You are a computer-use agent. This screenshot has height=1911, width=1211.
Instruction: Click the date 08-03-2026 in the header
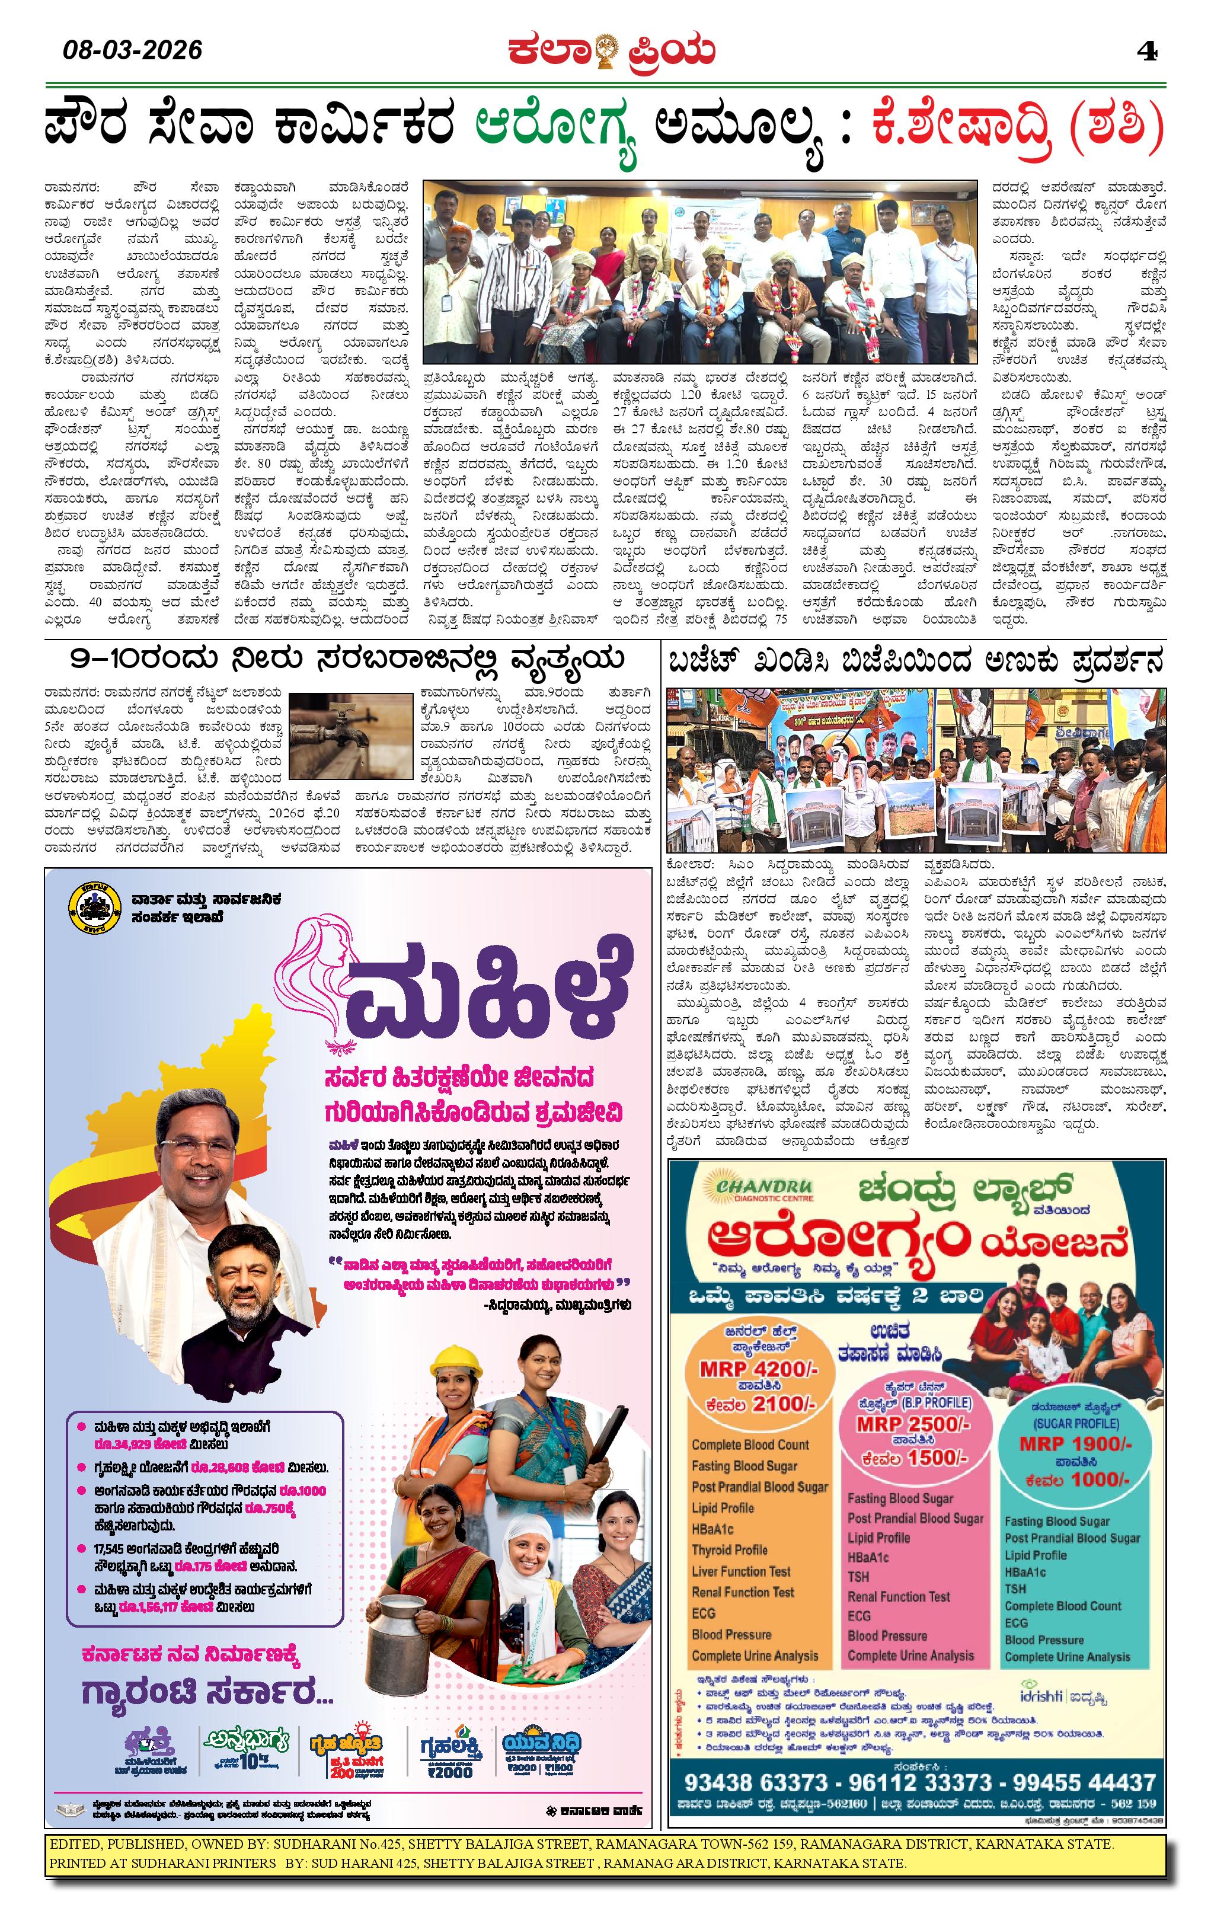point(133,51)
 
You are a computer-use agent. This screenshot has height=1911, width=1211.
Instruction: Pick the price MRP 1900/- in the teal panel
point(1075,1443)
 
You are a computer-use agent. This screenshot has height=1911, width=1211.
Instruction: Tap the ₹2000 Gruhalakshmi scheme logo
point(450,1752)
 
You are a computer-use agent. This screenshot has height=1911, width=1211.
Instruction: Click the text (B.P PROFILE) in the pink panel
point(935,1402)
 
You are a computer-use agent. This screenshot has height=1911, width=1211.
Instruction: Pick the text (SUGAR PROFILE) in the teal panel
point(1075,1423)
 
